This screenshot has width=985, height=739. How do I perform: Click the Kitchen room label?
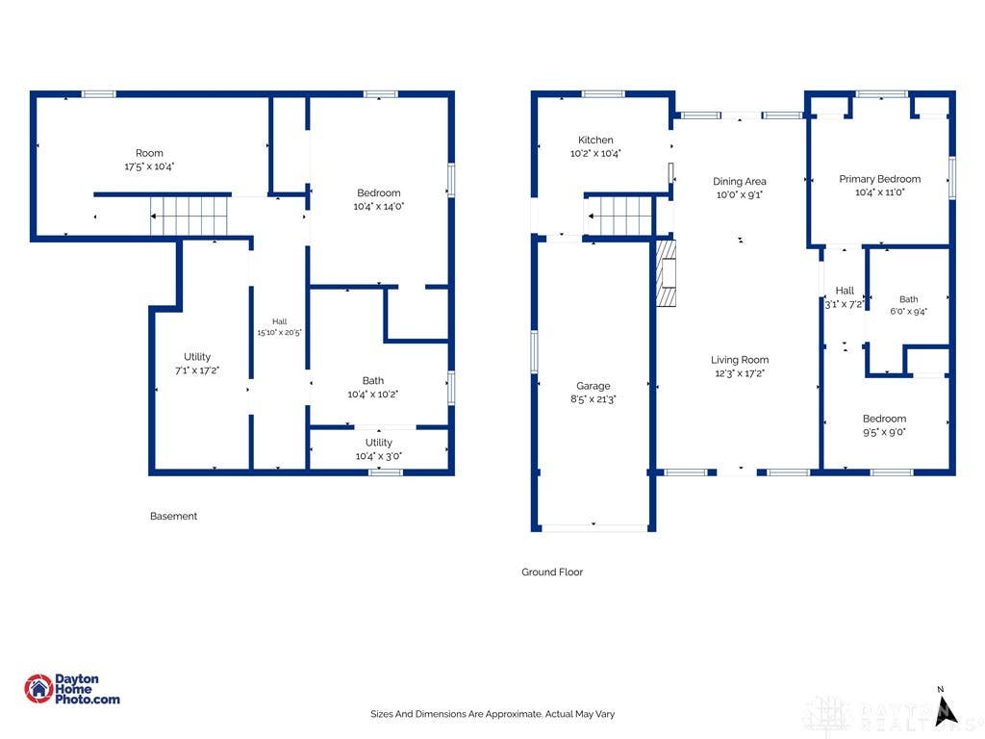[595, 140]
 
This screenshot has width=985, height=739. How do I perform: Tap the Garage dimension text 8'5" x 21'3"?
[593, 399]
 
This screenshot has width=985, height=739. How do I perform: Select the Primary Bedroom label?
[879, 179]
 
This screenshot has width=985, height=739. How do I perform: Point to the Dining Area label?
[740, 182]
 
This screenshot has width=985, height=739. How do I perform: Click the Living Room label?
[740, 360]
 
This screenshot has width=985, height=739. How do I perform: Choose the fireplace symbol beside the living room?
[666, 272]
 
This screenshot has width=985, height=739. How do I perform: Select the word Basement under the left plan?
[173, 516]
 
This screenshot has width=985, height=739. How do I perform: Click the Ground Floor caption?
[552, 572]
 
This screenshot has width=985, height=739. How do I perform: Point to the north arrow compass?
[945, 709]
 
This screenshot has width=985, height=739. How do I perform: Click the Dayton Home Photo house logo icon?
[38, 689]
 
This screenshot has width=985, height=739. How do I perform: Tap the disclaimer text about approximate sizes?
[492, 714]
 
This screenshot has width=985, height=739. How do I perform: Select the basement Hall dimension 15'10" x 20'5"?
[279, 332]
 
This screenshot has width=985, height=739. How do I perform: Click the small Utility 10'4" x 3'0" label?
[378, 449]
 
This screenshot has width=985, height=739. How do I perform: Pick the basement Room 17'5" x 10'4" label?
[149, 160]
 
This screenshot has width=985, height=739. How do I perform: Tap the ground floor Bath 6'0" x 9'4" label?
[908, 305]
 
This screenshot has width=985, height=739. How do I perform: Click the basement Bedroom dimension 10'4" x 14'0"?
[378, 206]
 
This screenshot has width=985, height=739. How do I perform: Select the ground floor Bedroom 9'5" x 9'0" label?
[884, 425]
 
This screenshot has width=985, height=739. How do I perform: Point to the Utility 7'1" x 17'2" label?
[196, 364]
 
